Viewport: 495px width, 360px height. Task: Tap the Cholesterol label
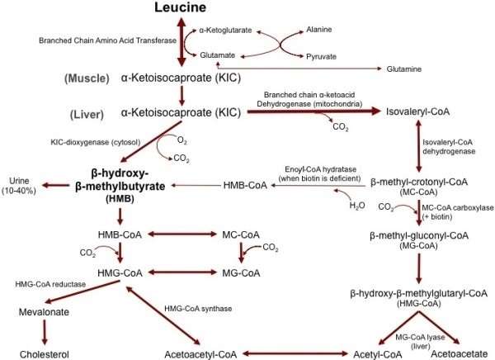coord(44,353)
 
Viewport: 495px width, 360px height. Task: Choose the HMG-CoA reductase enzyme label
coord(52,283)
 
